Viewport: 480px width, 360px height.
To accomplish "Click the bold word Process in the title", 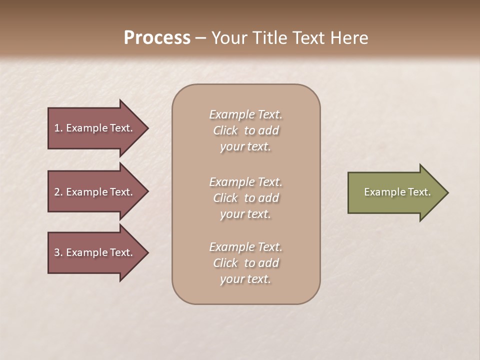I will point(157,38).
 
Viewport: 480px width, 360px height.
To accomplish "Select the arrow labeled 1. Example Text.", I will point(93,128).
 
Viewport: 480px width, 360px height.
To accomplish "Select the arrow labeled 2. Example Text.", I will point(93,192).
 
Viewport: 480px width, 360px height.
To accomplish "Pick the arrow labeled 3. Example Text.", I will point(93,252).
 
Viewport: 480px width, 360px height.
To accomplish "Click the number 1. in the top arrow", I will point(58,128).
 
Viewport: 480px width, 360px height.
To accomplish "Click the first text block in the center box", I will point(245,130).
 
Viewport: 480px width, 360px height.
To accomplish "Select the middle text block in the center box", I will point(245,198).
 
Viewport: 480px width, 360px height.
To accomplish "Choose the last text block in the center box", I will point(245,263).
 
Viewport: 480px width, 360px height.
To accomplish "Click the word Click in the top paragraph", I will point(225,131).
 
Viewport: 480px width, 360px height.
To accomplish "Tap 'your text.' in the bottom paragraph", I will point(245,279).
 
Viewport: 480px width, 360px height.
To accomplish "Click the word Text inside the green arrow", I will point(419,192).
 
